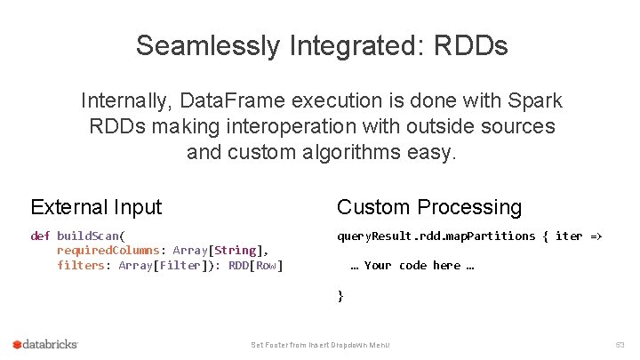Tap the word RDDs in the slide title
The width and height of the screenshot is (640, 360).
[x=471, y=45]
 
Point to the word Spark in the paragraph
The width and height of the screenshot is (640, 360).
[x=532, y=101]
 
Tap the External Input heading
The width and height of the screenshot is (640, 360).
[x=96, y=207]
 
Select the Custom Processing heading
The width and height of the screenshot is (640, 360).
[x=429, y=207]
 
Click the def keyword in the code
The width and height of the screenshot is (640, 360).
[x=40, y=236]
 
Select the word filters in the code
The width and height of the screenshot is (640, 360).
[x=81, y=265]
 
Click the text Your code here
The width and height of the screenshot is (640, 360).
[x=412, y=265]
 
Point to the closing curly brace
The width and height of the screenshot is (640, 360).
[x=340, y=295]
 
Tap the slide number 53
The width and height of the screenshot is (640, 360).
[x=620, y=344]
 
